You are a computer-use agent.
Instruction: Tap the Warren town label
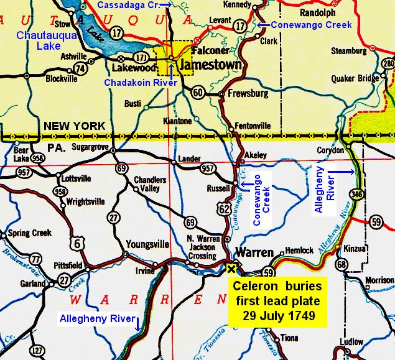pyautogui.click(x=253, y=253)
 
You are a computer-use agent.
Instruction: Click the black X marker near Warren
pyautogui.click(x=232, y=269)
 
